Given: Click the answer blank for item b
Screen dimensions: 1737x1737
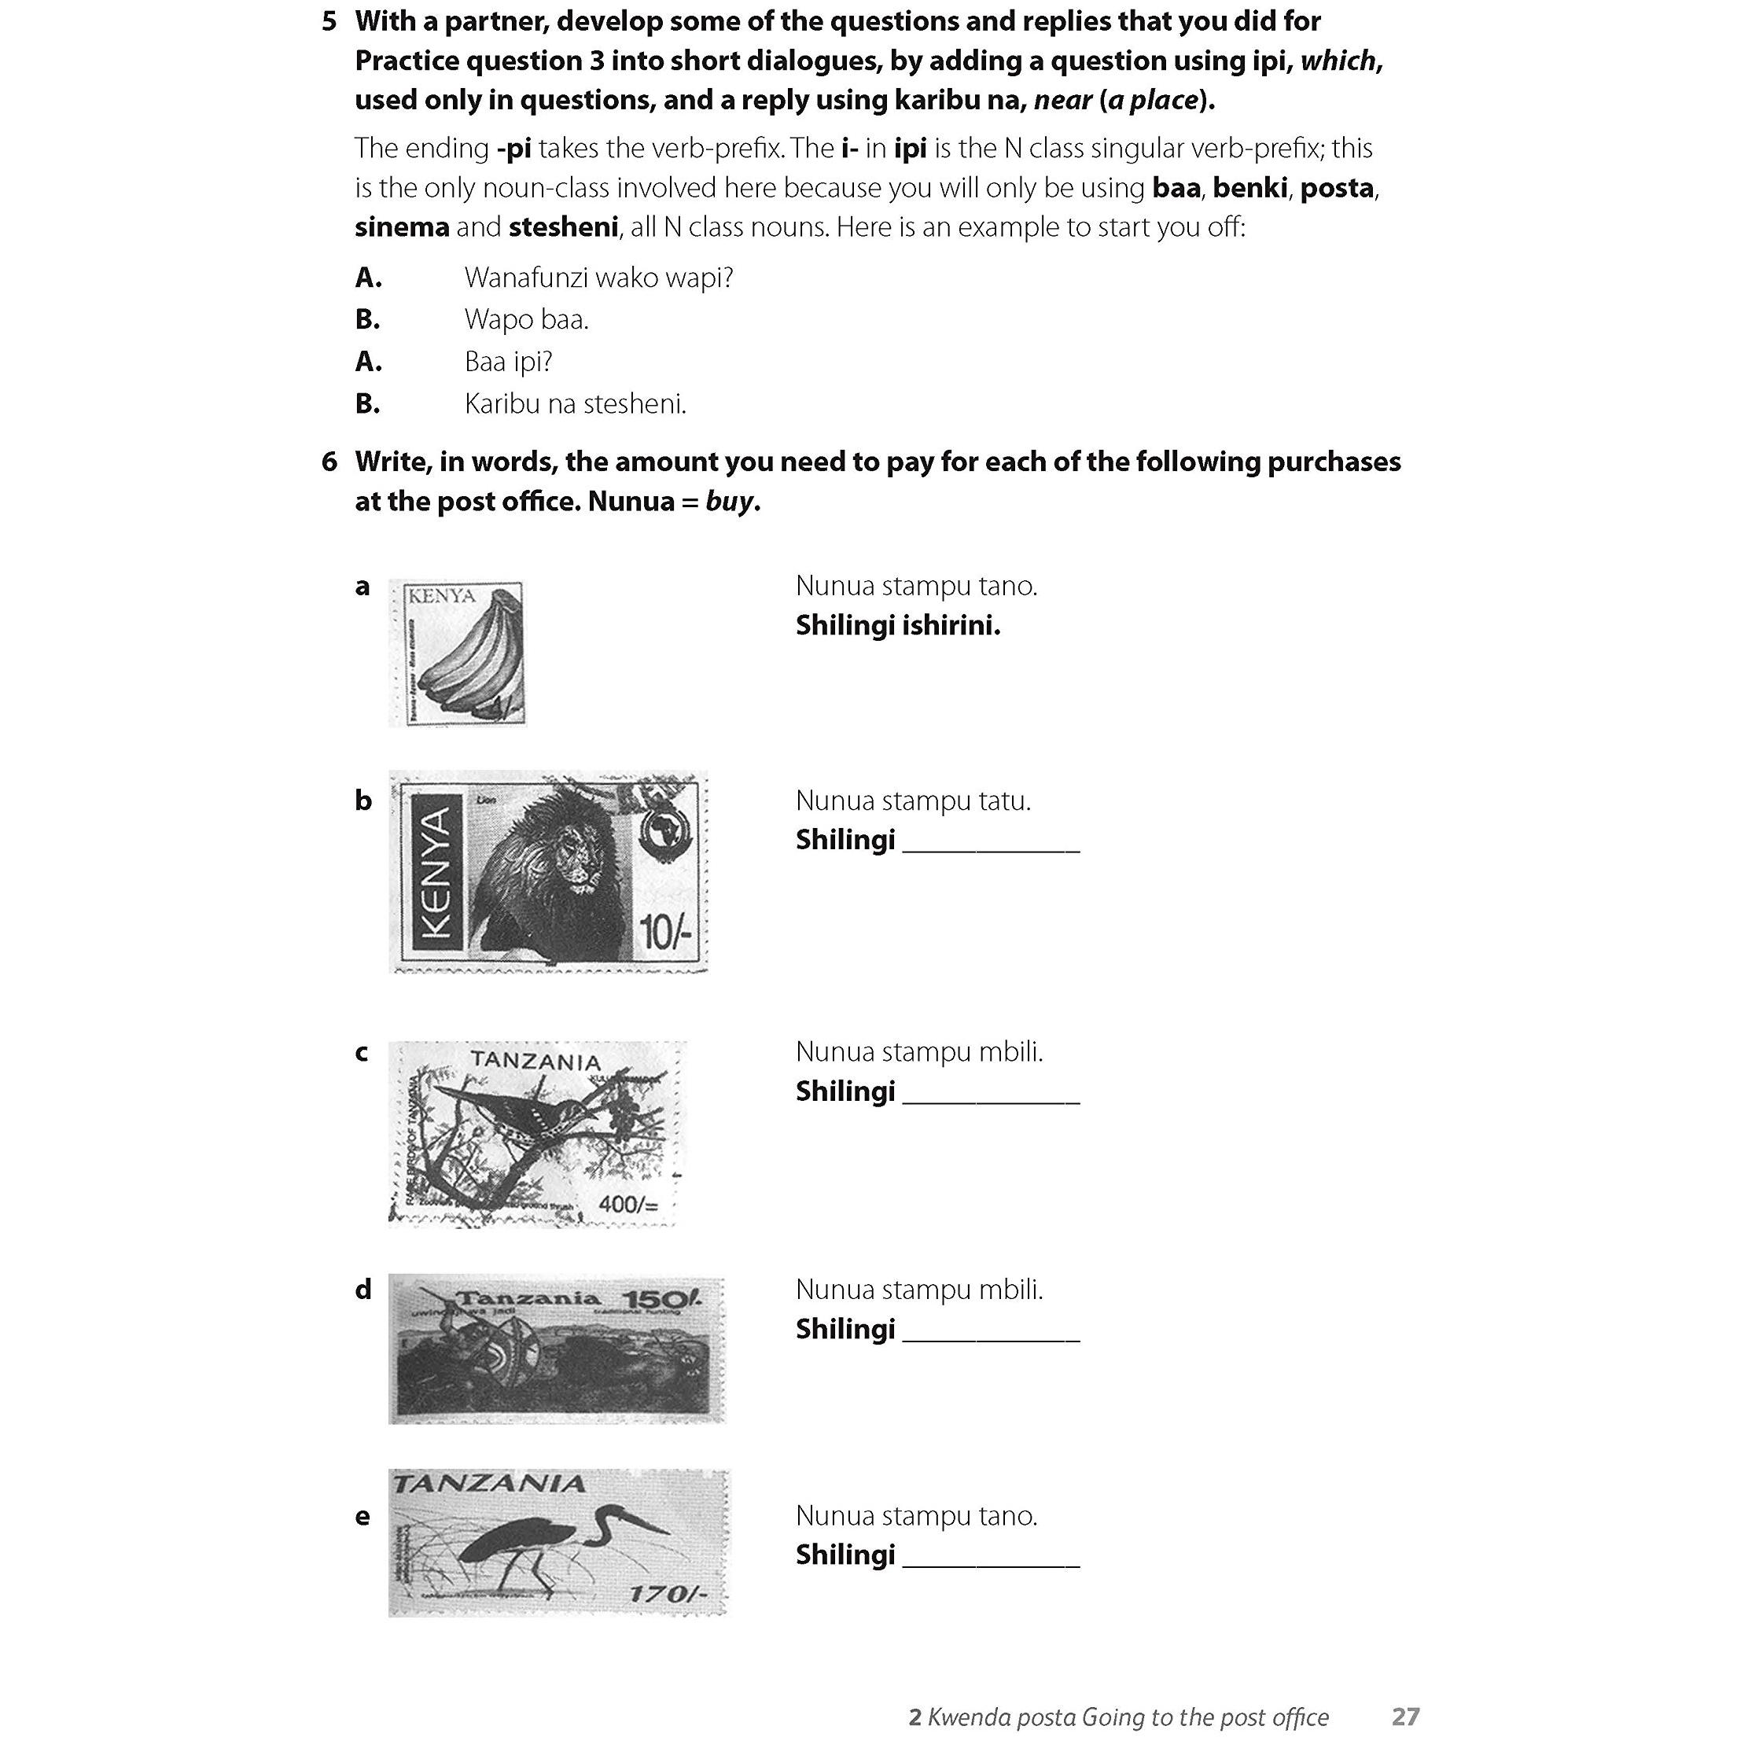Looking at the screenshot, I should click(x=991, y=841).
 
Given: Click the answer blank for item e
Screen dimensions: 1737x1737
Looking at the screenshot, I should click(x=991, y=1556).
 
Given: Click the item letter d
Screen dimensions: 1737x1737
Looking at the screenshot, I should click(x=363, y=1290).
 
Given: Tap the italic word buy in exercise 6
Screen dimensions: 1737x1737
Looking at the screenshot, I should click(x=729, y=502).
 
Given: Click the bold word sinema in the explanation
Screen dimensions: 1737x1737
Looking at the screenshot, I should click(x=402, y=227).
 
